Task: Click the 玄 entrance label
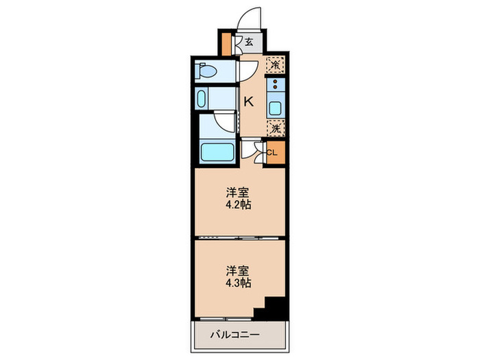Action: click(249, 43)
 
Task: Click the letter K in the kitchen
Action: click(249, 101)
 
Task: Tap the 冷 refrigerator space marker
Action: click(274, 66)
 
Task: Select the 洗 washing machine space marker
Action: click(274, 128)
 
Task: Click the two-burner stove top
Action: click(275, 87)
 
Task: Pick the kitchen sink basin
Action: click(275, 108)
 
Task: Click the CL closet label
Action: click(272, 152)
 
